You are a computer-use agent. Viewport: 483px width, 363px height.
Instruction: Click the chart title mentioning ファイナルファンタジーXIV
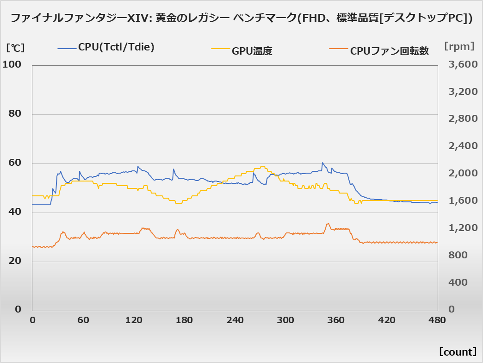(241, 18)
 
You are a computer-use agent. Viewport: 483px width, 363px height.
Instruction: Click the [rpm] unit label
(459, 46)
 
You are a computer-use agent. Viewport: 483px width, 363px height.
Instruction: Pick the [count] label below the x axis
(458, 351)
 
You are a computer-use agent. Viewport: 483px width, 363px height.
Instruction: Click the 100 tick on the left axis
(12, 64)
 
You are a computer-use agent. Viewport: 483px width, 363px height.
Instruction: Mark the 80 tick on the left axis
(15, 114)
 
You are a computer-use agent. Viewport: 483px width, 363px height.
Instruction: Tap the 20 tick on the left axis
(15, 261)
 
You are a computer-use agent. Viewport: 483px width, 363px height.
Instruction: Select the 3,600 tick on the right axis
(463, 64)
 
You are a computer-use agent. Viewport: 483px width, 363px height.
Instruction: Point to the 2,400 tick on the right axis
(463, 146)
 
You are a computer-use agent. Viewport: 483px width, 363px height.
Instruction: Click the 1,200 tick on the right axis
(463, 228)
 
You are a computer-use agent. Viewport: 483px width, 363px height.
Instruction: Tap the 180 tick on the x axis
(184, 320)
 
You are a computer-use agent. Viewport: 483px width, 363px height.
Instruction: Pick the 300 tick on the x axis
(285, 320)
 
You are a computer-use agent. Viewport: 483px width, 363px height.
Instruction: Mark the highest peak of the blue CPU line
(322, 163)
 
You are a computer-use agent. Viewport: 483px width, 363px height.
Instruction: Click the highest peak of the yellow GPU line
(263, 166)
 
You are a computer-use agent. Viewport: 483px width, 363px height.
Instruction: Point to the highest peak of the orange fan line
(328, 223)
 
